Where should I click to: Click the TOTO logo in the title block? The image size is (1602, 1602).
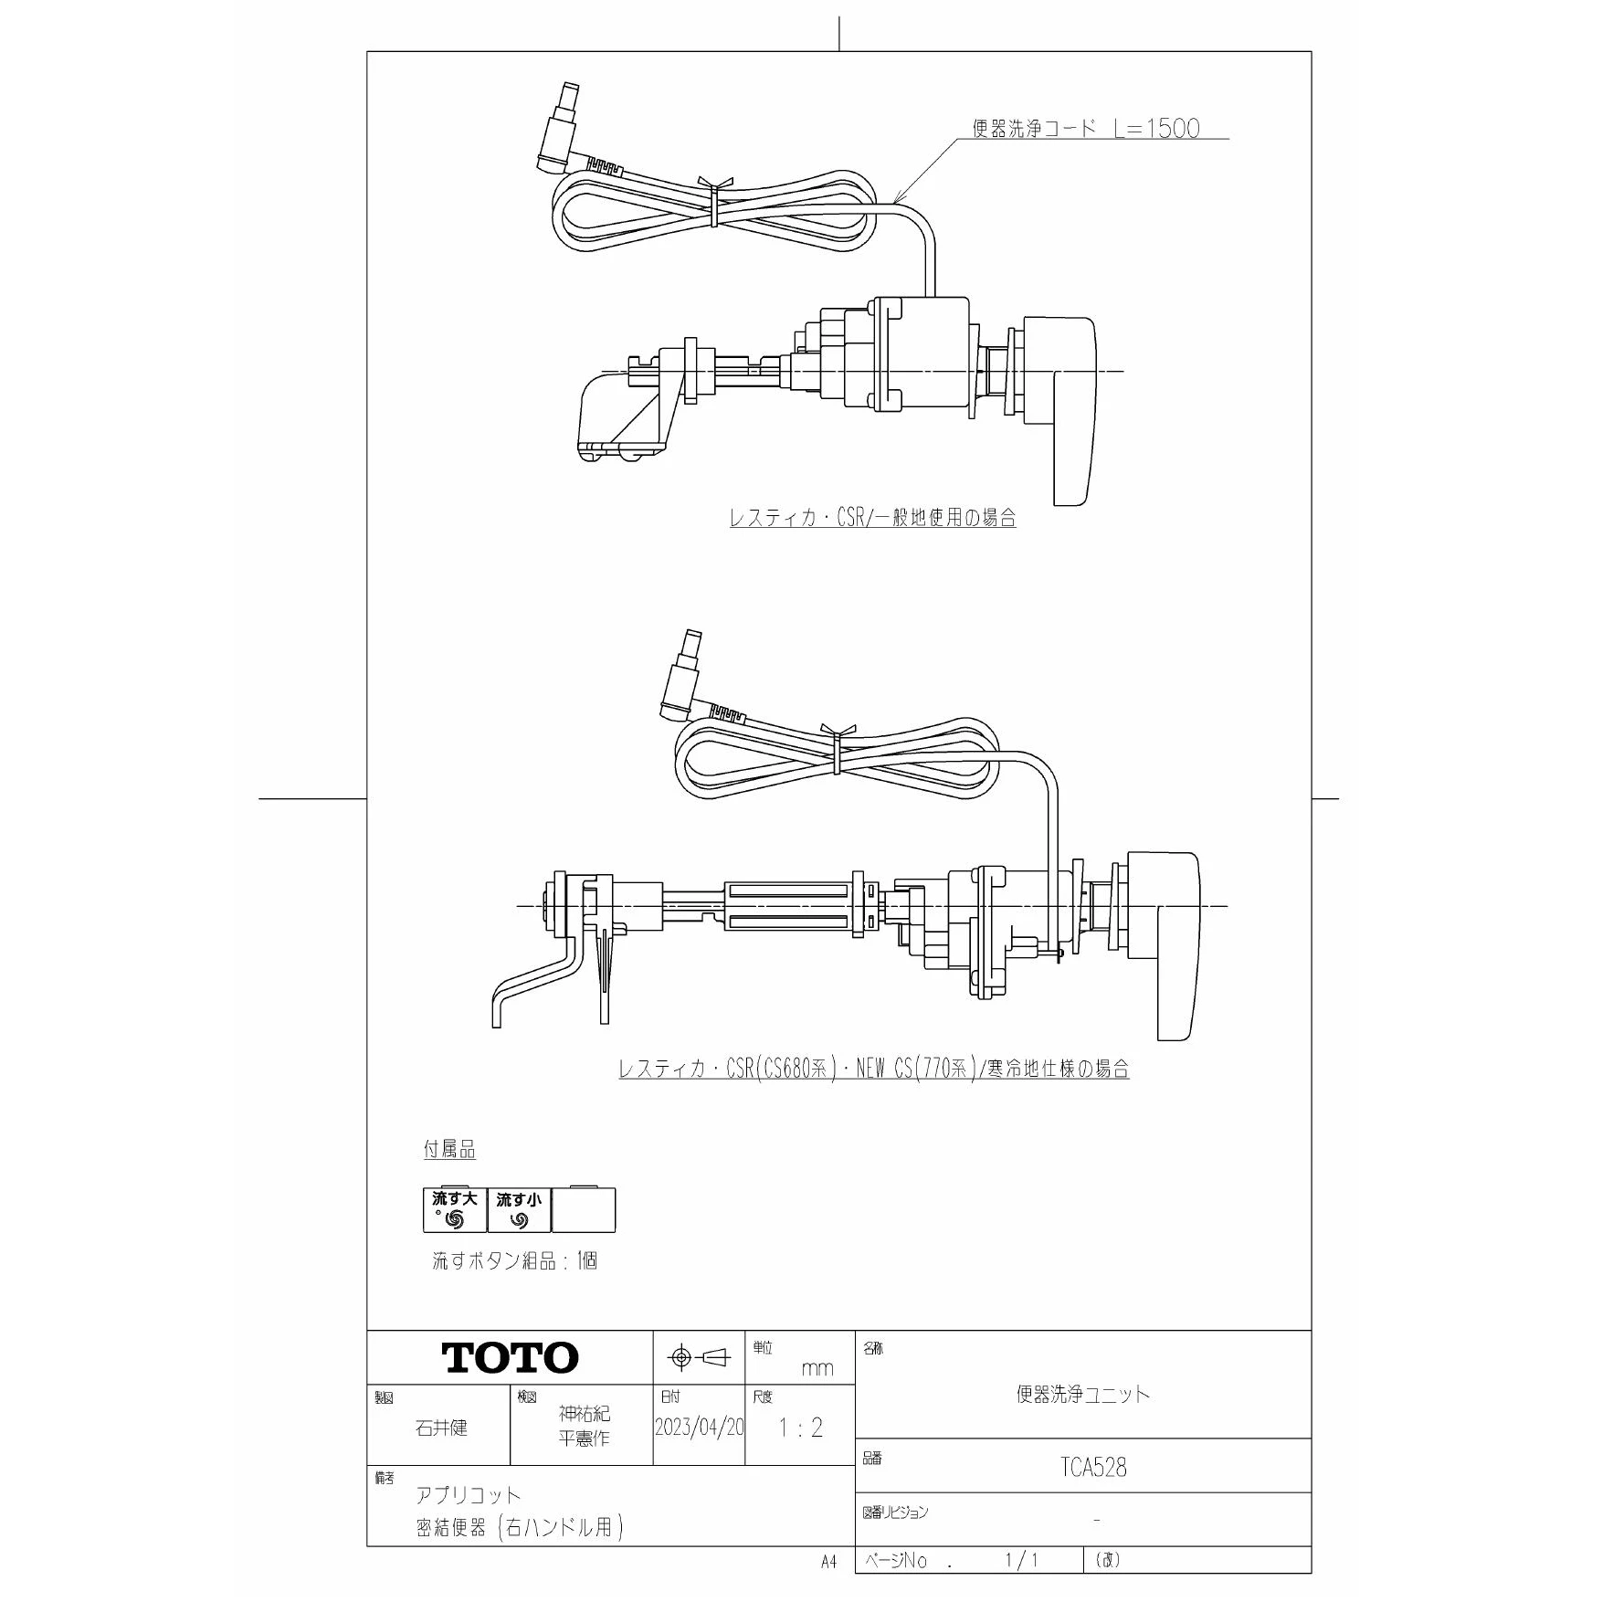[511, 1357]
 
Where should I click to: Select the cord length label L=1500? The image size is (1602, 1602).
[1156, 128]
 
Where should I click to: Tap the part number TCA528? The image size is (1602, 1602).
[1093, 1467]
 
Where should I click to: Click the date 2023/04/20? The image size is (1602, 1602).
[699, 1428]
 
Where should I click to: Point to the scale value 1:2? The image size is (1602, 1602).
[800, 1428]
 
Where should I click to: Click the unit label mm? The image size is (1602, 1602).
[817, 1368]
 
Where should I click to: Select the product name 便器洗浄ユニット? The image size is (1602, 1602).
[1083, 1394]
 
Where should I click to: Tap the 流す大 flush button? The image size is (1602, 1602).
[455, 1210]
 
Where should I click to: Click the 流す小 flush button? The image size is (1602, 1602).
[519, 1210]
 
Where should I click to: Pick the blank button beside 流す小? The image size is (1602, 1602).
[584, 1210]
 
